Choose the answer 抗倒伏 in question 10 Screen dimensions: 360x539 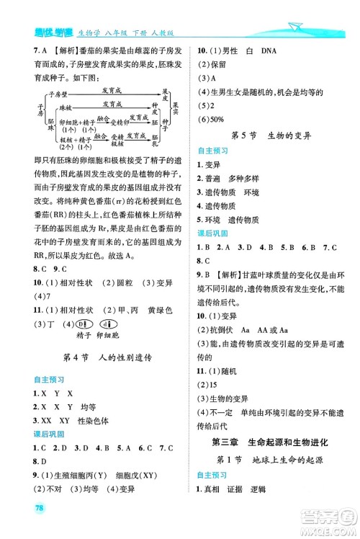tap(215, 326)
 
